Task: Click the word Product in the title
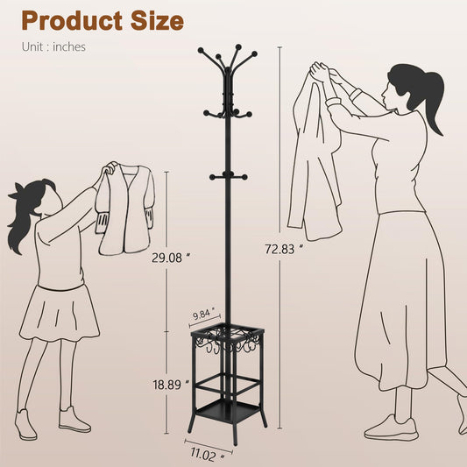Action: (72, 20)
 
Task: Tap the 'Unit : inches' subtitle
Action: (53, 47)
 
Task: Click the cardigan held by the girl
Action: (125, 209)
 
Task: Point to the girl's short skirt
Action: (60, 313)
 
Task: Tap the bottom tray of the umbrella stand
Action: (227, 412)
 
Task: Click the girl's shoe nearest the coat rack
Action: (74, 420)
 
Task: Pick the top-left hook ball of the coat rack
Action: (201, 50)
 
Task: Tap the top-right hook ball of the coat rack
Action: (254, 54)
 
